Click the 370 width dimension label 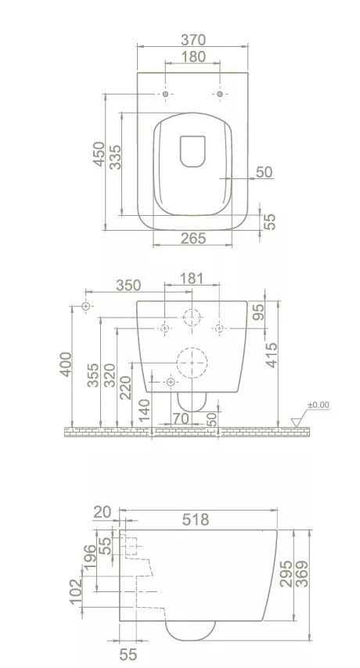[x=193, y=40]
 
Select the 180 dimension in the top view [x=193, y=56]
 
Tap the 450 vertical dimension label [x=99, y=154]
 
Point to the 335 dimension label [x=116, y=157]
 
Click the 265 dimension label [x=193, y=238]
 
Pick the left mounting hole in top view [x=166, y=94]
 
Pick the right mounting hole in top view [x=220, y=94]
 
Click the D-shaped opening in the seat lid [x=193, y=151]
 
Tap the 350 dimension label [x=128, y=285]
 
